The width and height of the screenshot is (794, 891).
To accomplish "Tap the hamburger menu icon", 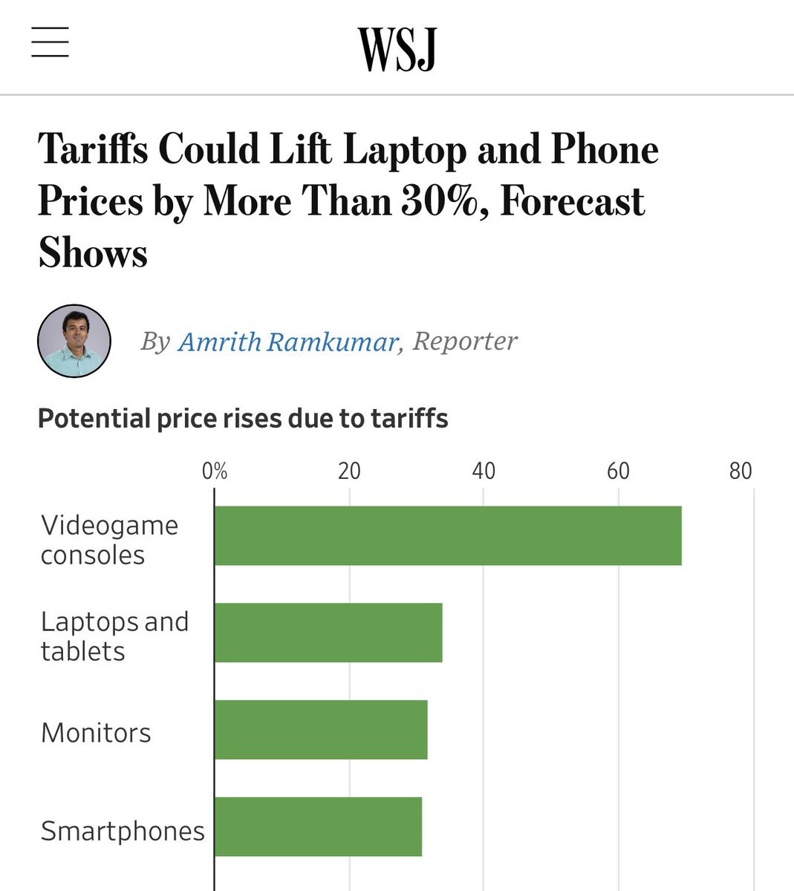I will pyautogui.click(x=50, y=42).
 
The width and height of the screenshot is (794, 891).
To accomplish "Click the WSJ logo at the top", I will pyautogui.click(x=397, y=50).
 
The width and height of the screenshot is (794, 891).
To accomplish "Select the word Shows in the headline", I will pyautogui.click(x=93, y=253).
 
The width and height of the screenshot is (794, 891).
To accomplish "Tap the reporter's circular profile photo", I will pyautogui.click(x=74, y=341).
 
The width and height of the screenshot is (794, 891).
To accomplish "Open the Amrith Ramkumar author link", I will pyautogui.click(x=289, y=342).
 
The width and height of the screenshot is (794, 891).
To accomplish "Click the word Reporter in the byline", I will pyautogui.click(x=465, y=342).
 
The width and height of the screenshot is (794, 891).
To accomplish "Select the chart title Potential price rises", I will pyautogui.click(x=243, y=419).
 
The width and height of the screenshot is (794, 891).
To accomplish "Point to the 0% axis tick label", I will pyautogui.click(x=215, y=471).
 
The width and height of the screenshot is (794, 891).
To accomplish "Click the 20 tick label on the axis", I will pyautogui.click(x=349, y=471).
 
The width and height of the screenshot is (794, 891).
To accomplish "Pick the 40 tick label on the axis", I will pyautogui.click(x=484, y=471).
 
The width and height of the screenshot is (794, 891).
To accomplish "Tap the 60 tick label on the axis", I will pyautogui.click(x=618, y=471).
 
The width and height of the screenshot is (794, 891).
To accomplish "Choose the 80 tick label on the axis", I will pyautogui.click(x=740, y=471).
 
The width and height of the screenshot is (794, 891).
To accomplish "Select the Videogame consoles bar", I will pyautogui.click(x=448, y=535).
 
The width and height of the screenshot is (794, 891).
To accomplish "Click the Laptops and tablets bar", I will pyautogui.click(x=328, y=633).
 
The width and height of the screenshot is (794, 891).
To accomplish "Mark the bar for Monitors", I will pyautogui.click(x=321, y=729).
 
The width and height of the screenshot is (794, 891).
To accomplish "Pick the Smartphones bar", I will pyautogui.click(x=318, y=826).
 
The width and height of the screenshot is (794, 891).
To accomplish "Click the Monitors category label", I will pyautogui.click(x=96, y=733).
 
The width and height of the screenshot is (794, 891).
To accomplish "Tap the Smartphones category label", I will pyautogui.click(x=123, y=831).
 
